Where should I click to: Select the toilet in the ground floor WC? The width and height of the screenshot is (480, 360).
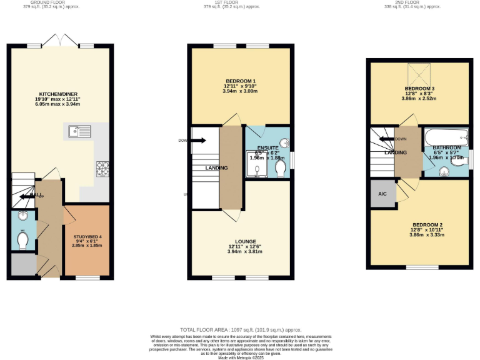[23, 240]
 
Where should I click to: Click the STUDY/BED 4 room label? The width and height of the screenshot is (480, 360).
[87, 237]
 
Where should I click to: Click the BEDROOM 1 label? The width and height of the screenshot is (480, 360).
[241, 82]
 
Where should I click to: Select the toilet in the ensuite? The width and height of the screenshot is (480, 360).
[279, 169]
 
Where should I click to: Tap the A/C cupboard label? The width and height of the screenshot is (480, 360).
[382, 194]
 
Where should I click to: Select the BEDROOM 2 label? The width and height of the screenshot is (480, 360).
[427, 225]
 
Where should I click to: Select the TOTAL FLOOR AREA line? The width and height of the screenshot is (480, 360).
[241, 329]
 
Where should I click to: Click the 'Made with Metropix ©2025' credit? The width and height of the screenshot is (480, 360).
[241, 357]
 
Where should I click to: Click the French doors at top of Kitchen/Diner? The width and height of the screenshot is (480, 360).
[61, 41]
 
